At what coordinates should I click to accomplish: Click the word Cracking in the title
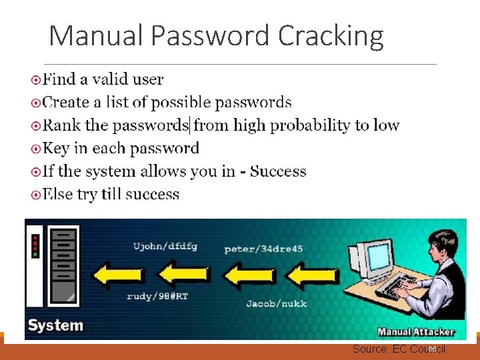(x=331, y=36)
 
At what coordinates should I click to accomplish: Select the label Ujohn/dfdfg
(x=165, y=246)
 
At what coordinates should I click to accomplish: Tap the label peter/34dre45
(x=263, y=249)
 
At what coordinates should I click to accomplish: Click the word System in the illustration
(x=55, y=326)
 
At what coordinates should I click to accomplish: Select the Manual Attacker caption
(x=416, y=331)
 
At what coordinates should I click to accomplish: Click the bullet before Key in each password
(x=36, y=149)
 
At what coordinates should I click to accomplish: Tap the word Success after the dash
(x=278, y=171)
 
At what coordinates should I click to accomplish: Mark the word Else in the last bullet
(x=58, y=195)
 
